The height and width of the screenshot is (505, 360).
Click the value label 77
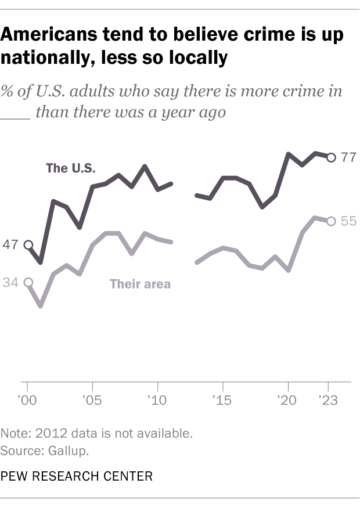(x=348, y=157)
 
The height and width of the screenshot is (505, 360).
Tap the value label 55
(x=348, y=221)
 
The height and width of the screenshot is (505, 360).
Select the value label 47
(x=10, y=245)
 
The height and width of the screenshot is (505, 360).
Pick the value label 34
(x=10, y=283)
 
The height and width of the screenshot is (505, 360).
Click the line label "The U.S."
(x=70, y=169)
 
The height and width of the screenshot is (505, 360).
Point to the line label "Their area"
(x=140, y=284)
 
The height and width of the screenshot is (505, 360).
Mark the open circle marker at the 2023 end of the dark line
(x=331, y=157)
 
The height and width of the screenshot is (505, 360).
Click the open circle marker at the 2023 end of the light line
(x=331, y=221)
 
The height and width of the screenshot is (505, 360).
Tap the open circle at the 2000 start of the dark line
(x=27, y=246)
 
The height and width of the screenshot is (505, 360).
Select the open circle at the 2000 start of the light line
(x=27, y=283)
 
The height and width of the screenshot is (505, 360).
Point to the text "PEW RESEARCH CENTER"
(x=77, y=477)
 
